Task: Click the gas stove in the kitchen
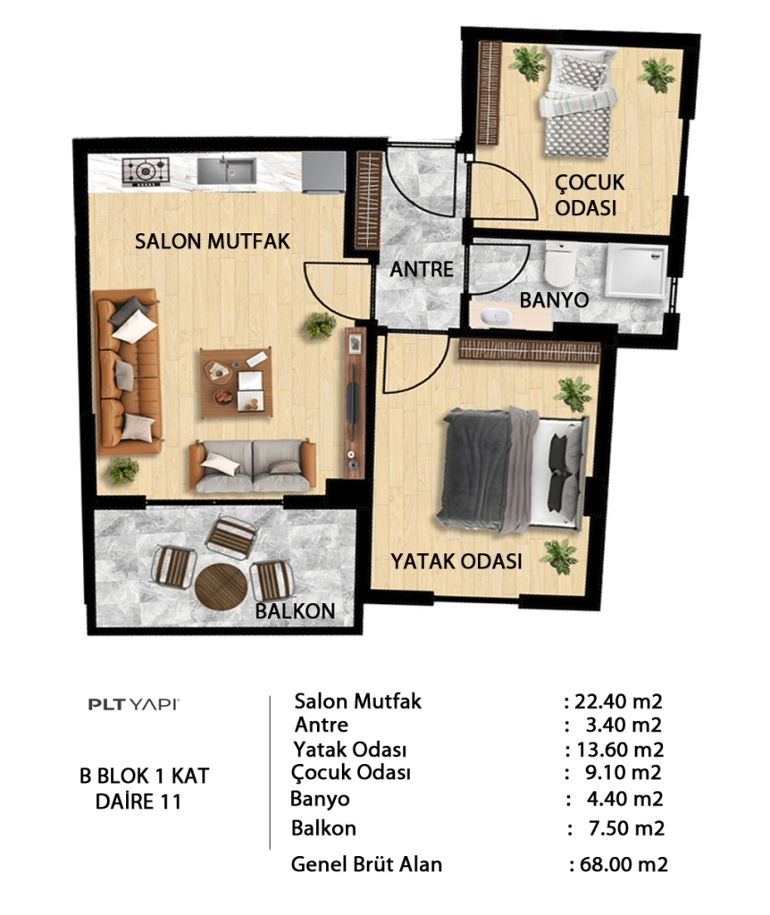146,172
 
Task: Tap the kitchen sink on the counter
226,171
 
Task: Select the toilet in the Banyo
560,264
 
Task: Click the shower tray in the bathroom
636,272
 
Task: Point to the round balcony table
221,586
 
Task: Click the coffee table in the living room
236,382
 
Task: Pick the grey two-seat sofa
253,466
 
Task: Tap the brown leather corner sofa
128,371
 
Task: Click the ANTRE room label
421,270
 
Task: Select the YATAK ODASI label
456,561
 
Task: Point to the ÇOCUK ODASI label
590,195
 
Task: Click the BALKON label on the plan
295,611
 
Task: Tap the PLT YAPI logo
134,704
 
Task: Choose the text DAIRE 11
138,802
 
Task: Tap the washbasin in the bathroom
497,317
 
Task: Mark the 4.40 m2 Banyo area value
624,799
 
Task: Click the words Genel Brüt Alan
366,864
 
